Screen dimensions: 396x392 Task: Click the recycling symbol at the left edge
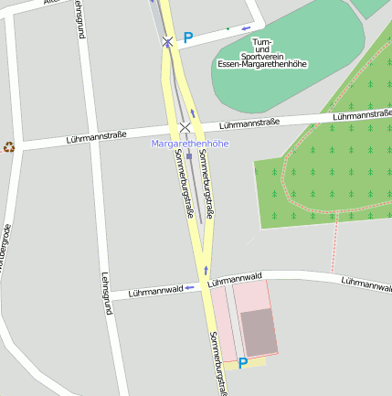coord(9,146)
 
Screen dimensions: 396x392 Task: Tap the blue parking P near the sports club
coord(188,38)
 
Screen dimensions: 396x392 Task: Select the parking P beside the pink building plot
coord(243,363)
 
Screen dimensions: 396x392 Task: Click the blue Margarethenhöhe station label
coord(189,144)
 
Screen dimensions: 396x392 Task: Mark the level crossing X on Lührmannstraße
coord(185,127)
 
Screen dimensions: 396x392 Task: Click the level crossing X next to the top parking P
coord(167,42)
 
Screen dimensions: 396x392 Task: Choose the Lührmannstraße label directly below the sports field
coord(249,123)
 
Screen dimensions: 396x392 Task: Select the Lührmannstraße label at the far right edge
coord(363,115)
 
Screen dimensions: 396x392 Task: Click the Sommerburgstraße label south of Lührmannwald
coord(217,363)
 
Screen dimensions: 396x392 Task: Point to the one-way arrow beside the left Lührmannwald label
coord(189,287)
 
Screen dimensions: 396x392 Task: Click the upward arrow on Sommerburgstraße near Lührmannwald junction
coord(206,270)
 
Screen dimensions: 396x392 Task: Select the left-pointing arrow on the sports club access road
coord(246,28)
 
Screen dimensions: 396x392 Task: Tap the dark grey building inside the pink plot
coord(259,331)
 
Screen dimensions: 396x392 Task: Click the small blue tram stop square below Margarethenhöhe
coord(189,156)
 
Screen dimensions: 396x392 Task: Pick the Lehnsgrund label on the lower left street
coord(107,293)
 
